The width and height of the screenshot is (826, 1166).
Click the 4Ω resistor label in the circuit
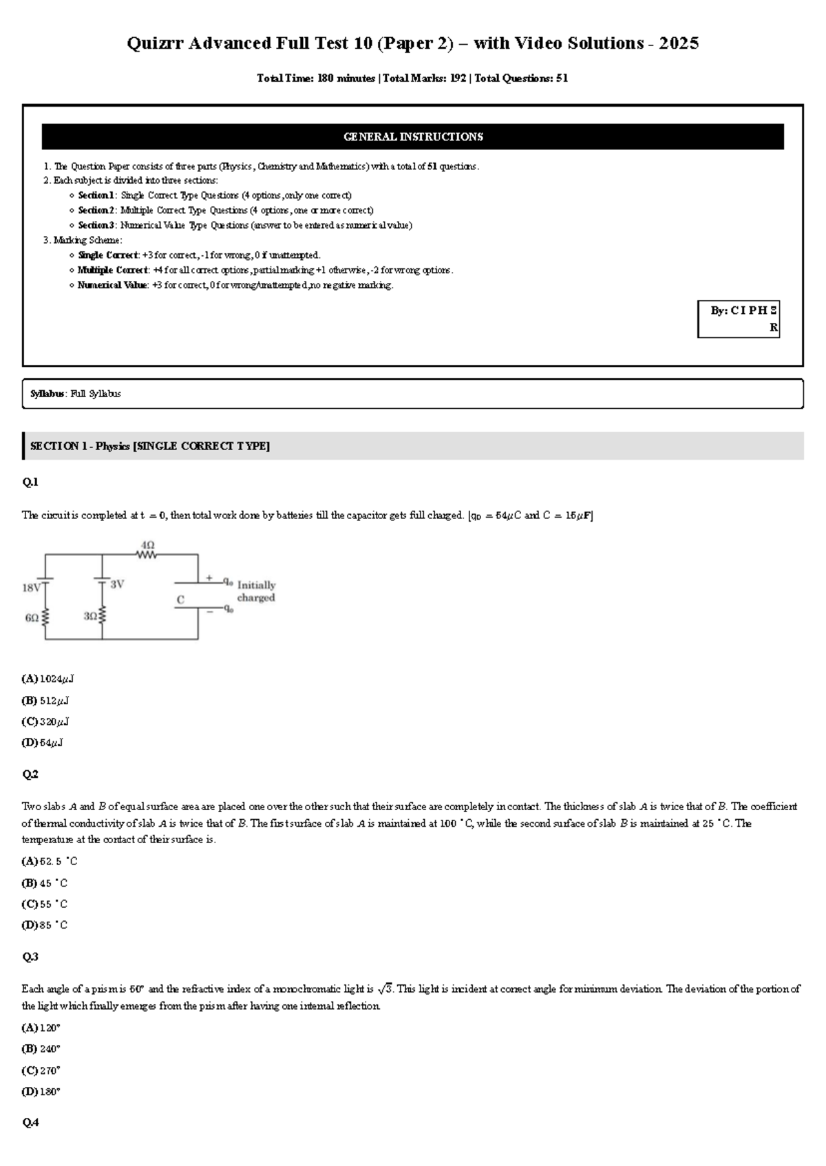(x=147, y=544)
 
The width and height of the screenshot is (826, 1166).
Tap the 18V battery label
(x=32, y=588)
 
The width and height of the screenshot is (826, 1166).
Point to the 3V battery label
(x=117, y=584)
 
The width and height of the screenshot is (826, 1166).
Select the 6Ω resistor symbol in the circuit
(x=46, y=617)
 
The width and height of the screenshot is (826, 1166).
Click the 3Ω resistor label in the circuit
(x=90, y=617)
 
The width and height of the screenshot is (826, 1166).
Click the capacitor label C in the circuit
(x=180, y=600)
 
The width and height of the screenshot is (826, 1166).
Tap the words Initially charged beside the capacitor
(x=256, y=591)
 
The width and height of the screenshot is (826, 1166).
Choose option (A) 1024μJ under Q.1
(x=47, y=679)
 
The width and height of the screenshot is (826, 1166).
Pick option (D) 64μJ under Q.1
(x=43, y=743)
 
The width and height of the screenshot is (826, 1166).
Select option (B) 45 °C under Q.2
(x=45, y=883)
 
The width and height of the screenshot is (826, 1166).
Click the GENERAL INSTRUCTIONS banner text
(x=413, y=137)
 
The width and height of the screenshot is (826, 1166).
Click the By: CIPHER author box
(x=739, y=319)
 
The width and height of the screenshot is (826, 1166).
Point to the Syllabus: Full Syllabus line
(x=76, y=394)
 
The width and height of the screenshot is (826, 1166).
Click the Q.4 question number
(x=30, y=1123)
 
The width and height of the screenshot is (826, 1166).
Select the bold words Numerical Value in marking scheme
(x=112, y=285)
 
